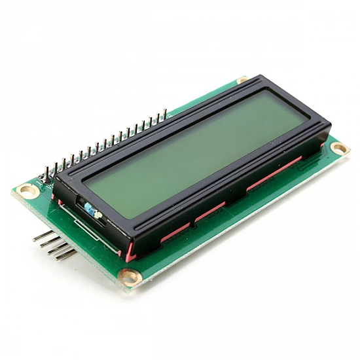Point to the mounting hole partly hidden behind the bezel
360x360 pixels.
coord(242,80)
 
